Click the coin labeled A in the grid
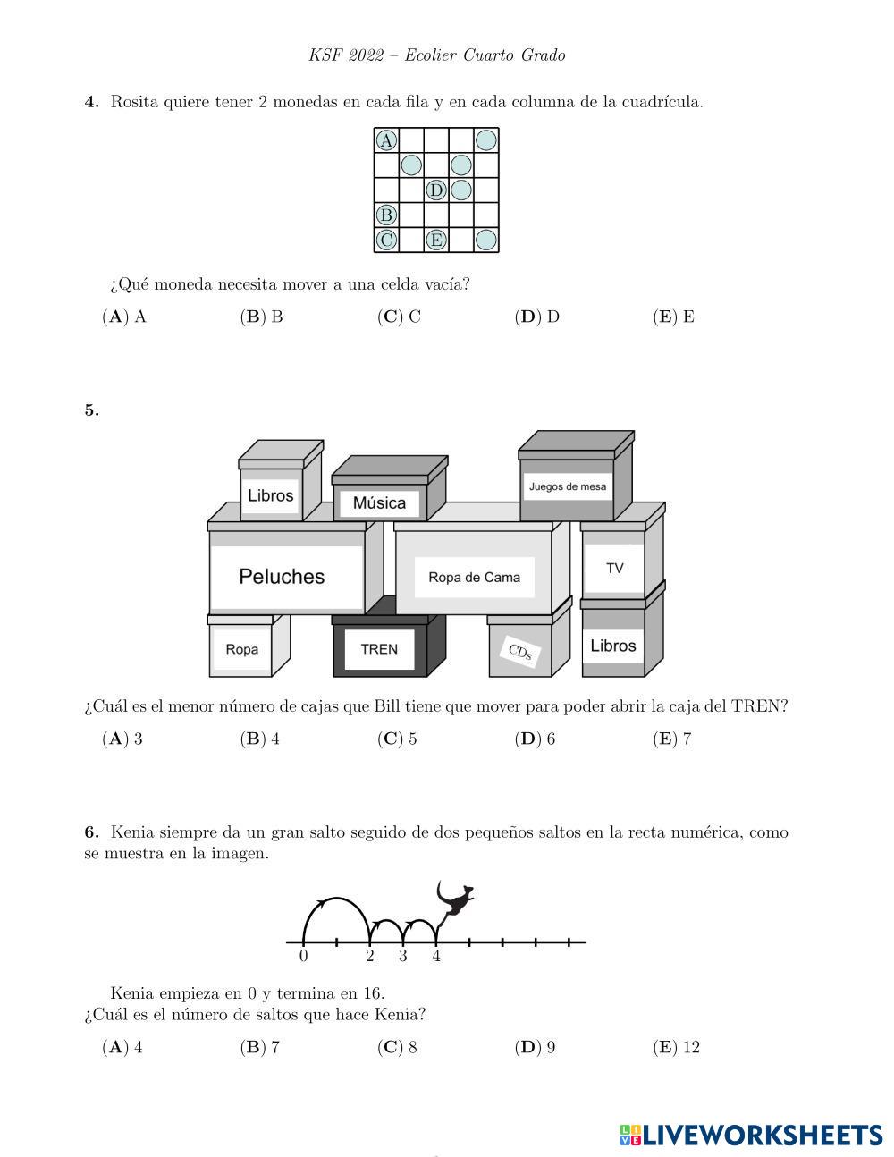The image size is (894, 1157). [x=386, y=140]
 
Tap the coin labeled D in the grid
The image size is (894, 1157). [x=436, y=190]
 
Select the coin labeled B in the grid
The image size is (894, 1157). [x=386, y=215]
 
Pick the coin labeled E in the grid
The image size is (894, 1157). [x=436, y=240]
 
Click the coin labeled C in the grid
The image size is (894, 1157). [x=386, y=240]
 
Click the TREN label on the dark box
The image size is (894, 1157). [x=379, y=649]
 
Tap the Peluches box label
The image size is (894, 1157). [x=282, y=577]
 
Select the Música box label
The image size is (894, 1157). [x=379, y=502]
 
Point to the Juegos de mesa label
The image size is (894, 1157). [x=568, y=486]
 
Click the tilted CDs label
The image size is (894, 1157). [x=519, y=653]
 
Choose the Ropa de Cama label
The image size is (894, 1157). [x=474, y=578]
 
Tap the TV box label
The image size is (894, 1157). [x=614, y=568]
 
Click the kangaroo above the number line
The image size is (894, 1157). [x=454, y=899]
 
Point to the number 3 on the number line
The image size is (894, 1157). [x=403, y=956]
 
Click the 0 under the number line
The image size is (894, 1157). [x=304, y=956]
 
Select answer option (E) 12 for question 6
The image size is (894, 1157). [x=677, y=1047]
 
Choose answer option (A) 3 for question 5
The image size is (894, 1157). [x=122, y=739]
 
